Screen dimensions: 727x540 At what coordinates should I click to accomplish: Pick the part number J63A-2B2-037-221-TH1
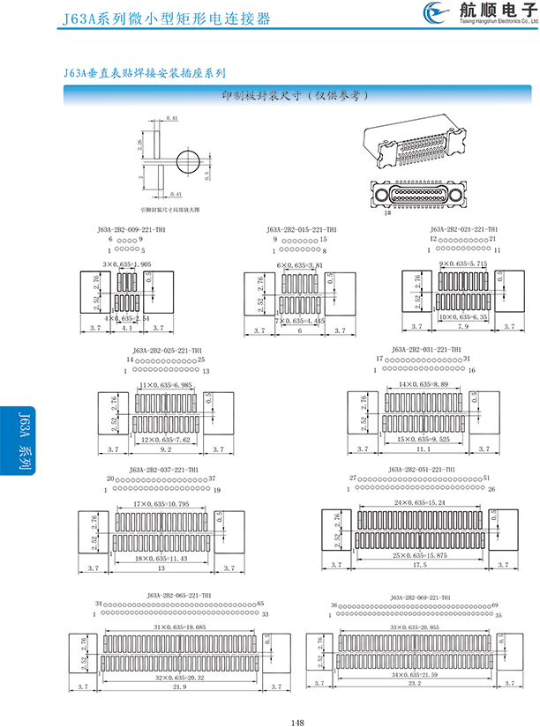click(x=164, y=470)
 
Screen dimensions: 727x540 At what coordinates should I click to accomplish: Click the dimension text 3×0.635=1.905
click(x=127, y=263)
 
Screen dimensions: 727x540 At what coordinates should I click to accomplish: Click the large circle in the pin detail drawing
click(x=188, y=162)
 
